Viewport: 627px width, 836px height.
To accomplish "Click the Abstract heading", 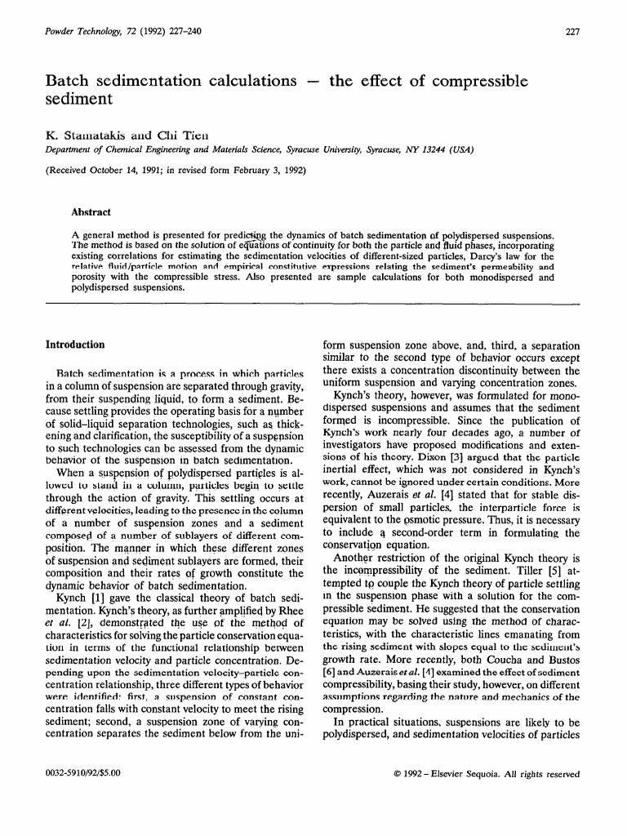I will point(91,212).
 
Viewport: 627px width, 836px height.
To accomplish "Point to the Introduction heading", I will point(75,345).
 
